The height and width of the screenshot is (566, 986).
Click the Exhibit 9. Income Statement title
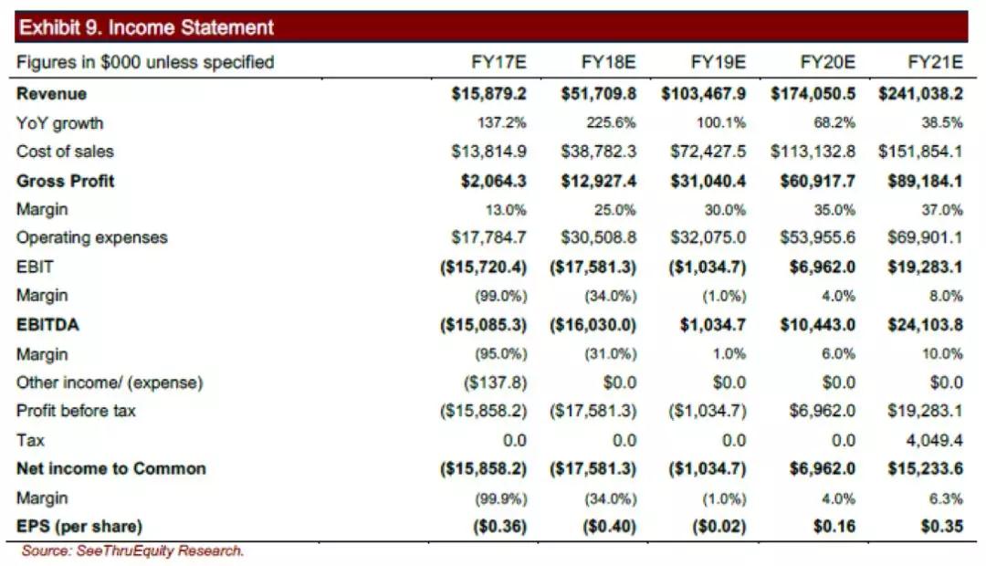click(x=146, y=27)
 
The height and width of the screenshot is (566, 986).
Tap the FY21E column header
click(x=935, y=62)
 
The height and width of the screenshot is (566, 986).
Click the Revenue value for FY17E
click(x=488, y=94)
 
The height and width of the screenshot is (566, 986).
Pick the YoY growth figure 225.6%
click(x=612, y=123)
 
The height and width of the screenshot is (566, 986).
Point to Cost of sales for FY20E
click(x=813, y=152)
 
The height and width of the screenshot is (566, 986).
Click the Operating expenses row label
click(x=92, y=237)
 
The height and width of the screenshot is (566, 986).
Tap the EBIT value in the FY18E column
click(x=593, y=267)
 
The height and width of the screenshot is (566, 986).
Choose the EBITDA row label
click(x=47, y=324)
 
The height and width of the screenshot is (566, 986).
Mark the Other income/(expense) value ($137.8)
click(x=498, y=383)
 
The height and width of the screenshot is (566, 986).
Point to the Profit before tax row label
click(x=76, y=411)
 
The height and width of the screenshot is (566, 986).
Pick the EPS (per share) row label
click(x=79, y=527)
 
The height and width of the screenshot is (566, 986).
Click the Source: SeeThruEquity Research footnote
click(x=133, y=550)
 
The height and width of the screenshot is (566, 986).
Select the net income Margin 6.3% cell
click(x=946, y=498)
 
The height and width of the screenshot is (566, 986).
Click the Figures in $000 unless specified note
click(x=145, y=62)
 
